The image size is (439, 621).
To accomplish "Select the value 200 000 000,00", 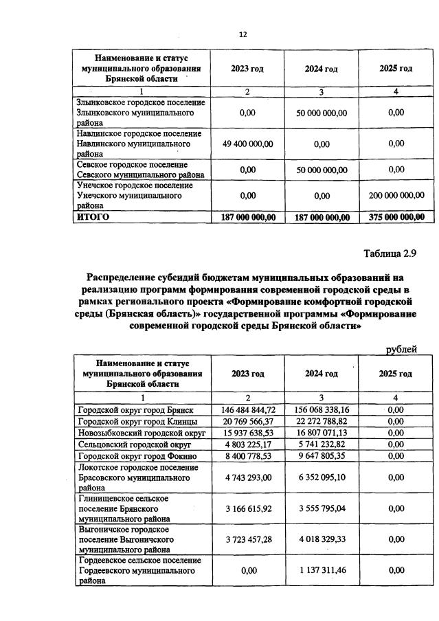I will [x=396, y=195].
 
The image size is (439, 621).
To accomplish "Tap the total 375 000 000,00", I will [x=396, y=217].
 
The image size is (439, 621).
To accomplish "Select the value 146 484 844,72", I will [x=248, y=409].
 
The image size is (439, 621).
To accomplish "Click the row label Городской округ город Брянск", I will [x=134, y=409].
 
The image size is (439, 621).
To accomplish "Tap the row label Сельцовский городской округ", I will [x=131, y=444].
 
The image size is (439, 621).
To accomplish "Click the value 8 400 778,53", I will [x=248, y=455].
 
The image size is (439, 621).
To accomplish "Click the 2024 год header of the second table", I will [x=322, y=374].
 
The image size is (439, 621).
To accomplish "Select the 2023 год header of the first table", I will [x=247, y=69].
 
